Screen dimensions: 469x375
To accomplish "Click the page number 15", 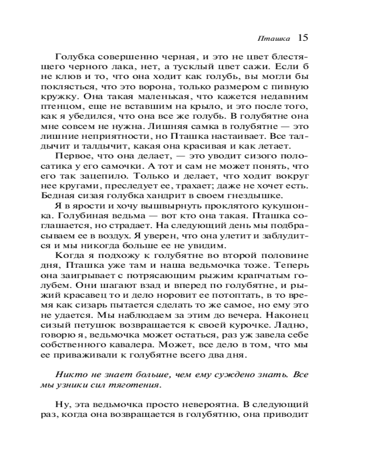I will click(x=302, y=38).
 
